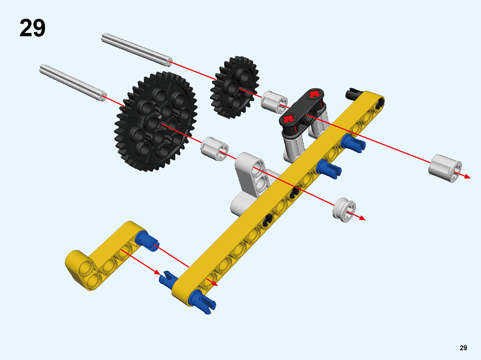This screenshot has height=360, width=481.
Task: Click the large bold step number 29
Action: pos(33,28)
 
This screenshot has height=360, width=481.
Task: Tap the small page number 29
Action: pos(463,348)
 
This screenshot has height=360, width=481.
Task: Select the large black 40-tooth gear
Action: pos(156,122)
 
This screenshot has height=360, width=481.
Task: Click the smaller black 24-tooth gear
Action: pos(235,87)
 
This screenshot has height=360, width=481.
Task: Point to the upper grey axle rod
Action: pos(137,50)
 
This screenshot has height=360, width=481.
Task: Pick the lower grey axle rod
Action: pos(73,82)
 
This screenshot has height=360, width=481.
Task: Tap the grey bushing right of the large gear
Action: pos(214,149)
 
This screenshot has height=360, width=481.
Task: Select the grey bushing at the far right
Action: pos(445,168)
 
